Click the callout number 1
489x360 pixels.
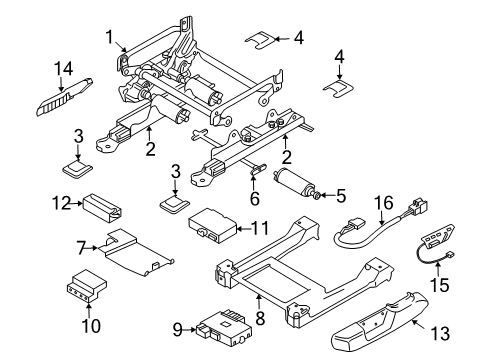108,37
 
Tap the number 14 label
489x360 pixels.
65,69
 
